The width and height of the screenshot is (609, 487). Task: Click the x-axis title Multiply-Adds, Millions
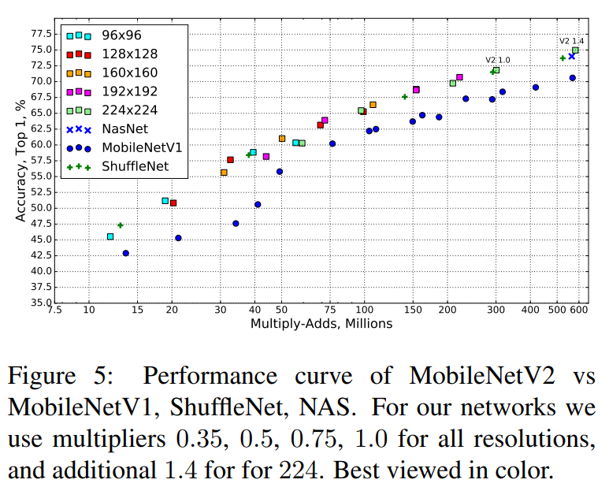pos(321,324)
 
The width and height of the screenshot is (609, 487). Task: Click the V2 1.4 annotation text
pos(571,40)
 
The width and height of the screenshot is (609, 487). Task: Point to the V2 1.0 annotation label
pos(497,60)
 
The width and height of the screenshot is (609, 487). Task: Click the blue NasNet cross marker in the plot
pos(571,56)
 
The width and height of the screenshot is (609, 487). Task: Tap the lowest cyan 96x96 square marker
pos(110,236)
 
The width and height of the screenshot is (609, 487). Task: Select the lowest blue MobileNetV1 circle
pos(125,253)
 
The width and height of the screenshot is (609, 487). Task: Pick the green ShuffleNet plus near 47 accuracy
pos(120,225)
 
